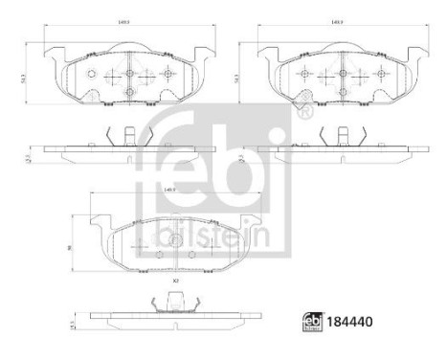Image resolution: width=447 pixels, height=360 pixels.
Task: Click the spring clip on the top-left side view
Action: pos(119,137)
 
